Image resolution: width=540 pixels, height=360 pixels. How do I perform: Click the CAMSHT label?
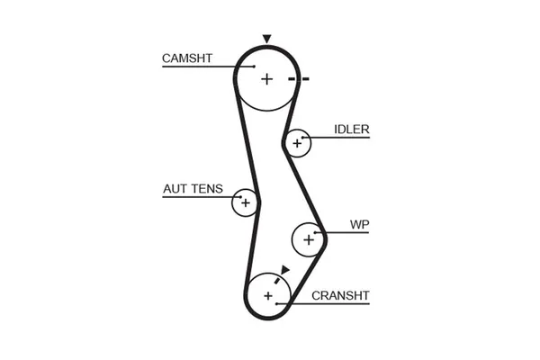186,58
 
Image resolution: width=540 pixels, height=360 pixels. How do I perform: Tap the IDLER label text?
351,130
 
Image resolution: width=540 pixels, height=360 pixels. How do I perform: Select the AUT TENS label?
193,190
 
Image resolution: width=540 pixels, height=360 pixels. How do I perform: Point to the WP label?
360,224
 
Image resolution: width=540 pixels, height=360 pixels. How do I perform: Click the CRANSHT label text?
340,295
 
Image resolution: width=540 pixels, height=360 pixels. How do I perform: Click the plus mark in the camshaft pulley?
266,79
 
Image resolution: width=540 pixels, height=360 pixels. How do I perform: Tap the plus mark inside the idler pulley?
296,142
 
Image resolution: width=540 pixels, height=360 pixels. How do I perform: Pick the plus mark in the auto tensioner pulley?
244,202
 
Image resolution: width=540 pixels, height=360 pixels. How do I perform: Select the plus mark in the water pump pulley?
309,239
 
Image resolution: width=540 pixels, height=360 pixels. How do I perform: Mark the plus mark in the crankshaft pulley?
267,295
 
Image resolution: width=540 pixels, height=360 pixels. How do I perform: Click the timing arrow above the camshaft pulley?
266,39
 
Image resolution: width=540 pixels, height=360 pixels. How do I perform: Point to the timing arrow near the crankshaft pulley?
284,269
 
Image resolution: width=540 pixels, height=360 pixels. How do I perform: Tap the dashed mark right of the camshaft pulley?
299,79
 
